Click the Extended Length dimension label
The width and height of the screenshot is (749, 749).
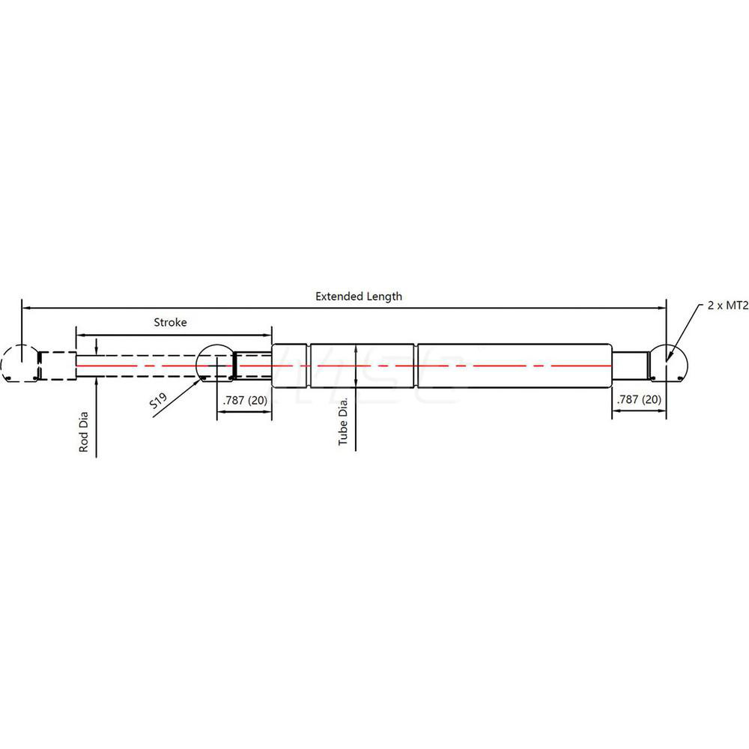click(x=358, y=296)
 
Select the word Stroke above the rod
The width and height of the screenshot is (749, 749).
click(x=170, y=323)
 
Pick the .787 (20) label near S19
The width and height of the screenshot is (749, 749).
click(x=243, y=400)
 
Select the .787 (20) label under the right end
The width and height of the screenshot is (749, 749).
click(x=638, y=400)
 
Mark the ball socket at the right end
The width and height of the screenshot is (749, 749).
click(x=667, y=365)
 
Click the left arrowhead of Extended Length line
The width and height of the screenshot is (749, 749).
click(x=25, y=307)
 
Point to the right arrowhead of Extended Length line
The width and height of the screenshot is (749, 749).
click(x=662, y=307)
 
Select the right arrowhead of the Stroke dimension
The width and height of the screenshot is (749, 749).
click(x=267, y=335)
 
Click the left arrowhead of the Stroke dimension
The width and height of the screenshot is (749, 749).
click(x=79, y=335)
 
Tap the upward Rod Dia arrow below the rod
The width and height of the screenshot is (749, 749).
click(x=97, y=381)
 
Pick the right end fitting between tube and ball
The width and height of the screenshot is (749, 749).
click(x=629, y=365)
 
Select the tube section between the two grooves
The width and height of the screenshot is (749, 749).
click(x=363, y=365)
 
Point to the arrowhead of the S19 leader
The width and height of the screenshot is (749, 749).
click(x=202, y=379)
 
